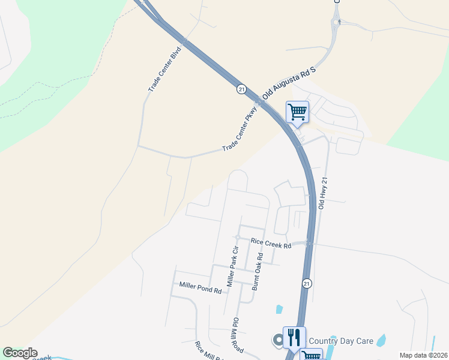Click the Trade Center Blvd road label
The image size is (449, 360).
click(x=164, y=71)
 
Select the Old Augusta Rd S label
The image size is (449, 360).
click(x=289, y=83)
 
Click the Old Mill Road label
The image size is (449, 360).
click(x=237, y=335)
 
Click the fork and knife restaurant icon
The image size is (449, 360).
click(x=294, y=337)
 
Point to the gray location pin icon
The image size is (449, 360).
click(x=278, y=340)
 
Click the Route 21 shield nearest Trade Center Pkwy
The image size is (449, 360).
click(x=241, y=89)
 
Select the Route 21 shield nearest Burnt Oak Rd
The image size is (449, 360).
click(x=306, y=283)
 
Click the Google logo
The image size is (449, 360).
click(x=20, y=353)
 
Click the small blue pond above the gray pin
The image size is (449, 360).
click(x=279, y=310)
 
